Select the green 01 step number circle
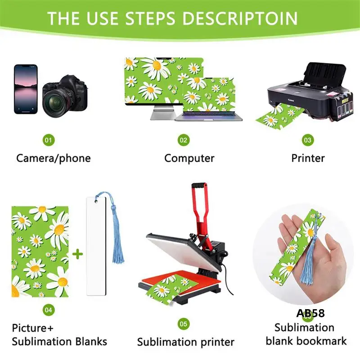pos(49,140)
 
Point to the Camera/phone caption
pos(53,158)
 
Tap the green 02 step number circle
pos(183,140)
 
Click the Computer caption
pos(189,158)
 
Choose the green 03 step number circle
pos(307,140)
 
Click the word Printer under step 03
pos(308,158)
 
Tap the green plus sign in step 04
pos(78,254)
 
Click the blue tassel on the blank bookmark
pos(108,225)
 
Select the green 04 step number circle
pos(49,310)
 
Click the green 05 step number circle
pos(183,324)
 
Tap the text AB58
pos(310,313)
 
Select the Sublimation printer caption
pos(185,342)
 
